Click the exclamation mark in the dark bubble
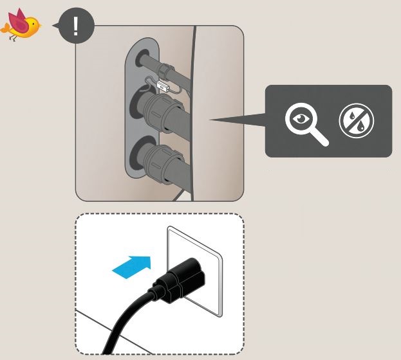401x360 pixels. (76, 26)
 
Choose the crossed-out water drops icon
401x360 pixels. (356, 120)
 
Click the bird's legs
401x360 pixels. (17, 38)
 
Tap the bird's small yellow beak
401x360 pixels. (41, 26)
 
